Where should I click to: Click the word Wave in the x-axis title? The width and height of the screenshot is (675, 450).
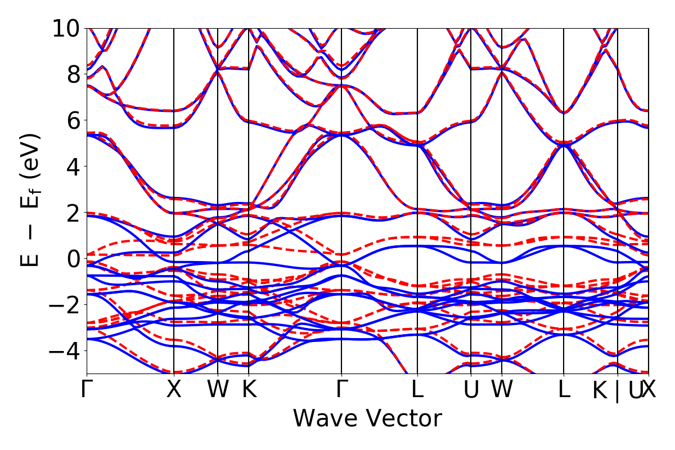pyautogui.click(x=326, y=419)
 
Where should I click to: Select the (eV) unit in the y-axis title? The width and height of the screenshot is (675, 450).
pyautogui.click(x=31, y=160)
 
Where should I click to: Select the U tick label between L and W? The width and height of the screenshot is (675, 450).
pyautogui.click(x=471, y=390)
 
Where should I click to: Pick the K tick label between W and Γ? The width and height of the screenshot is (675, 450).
pyautogui.click(x=249, y=390)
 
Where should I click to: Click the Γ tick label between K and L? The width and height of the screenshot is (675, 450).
pyautogui.click(x=341, y=390)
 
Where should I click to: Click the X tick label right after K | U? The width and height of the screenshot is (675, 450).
pyautogui.click(x=649, y=390)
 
